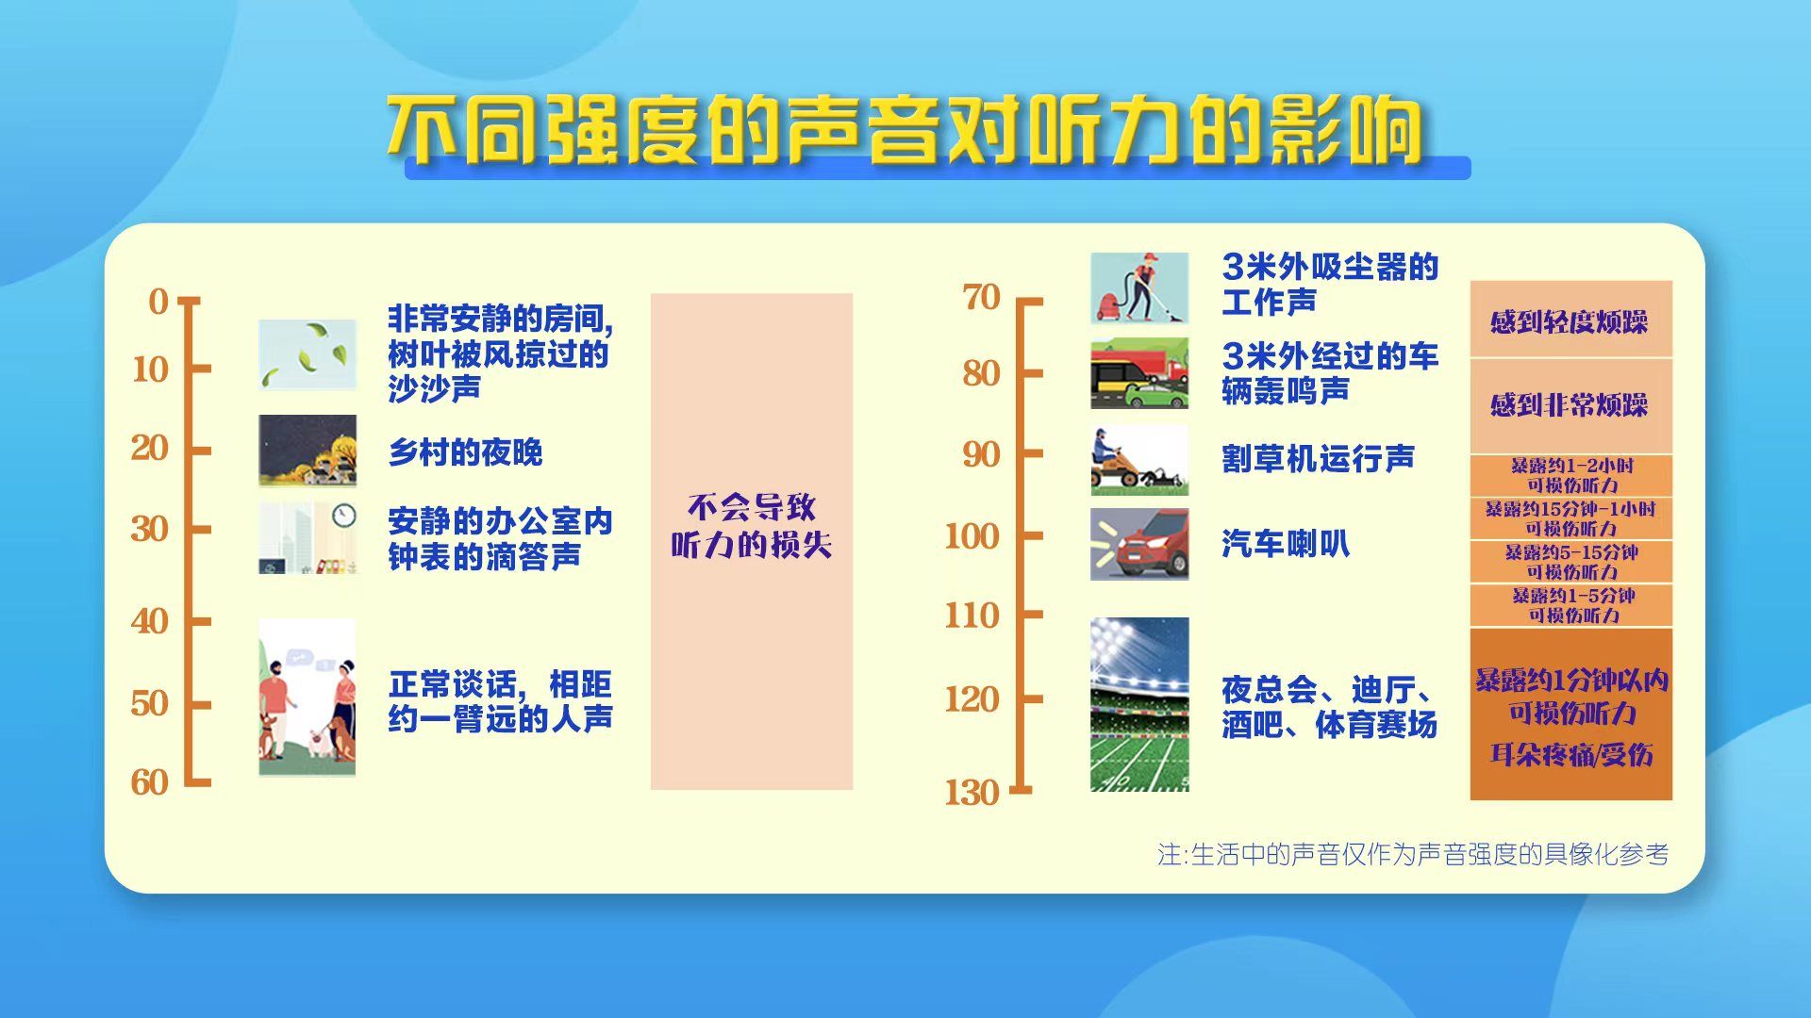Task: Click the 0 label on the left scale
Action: pos(159,302)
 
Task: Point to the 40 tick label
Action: pos(150,621)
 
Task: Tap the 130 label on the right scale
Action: pos(972,793)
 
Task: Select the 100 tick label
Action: pos(972,536)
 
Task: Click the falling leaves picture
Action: pos(307,354)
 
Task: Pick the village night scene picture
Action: pos(307,451)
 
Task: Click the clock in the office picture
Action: pos(344,515)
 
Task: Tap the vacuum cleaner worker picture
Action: pos(1139,288)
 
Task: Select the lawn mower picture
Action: pos(1139,460)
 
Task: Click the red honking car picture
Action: pos(1139,544)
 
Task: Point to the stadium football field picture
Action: pos(1139,704)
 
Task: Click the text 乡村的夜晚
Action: pos(466,452)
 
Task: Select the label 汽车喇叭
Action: pos(1286,544)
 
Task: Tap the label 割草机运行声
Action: pos(1319,459)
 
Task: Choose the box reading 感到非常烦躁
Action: pos(1570,406)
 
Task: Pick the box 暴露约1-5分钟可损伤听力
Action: pos(1570,605)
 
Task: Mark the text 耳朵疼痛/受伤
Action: pos(1571,755)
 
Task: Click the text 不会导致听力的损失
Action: pos(752,526)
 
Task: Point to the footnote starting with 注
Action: pos(1413,854)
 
